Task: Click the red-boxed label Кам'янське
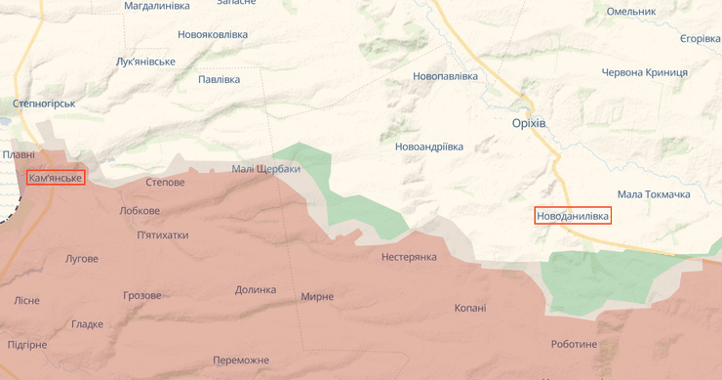tap(56, 178)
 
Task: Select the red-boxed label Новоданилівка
tap(573, 215)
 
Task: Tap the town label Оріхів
tap(529, 123)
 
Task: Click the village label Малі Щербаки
tap(265, 169)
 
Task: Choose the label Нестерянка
tap(409, 257)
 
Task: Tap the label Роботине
tap(574, 344)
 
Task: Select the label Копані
tap(469, 308)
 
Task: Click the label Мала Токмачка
tap(654, 194)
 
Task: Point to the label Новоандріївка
tap(428, 147)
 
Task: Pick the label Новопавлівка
tap(445, 76)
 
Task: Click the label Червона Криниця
tap(644, 72)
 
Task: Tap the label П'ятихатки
tap(163, 235)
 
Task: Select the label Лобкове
tap(140, 211)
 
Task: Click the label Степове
tap(165, 183)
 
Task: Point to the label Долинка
tap(256, 290)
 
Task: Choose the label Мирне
tap(317, 297)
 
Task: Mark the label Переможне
tap(241, 360)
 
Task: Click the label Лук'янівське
tap(145, 62)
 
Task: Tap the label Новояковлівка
tap(213, 34)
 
